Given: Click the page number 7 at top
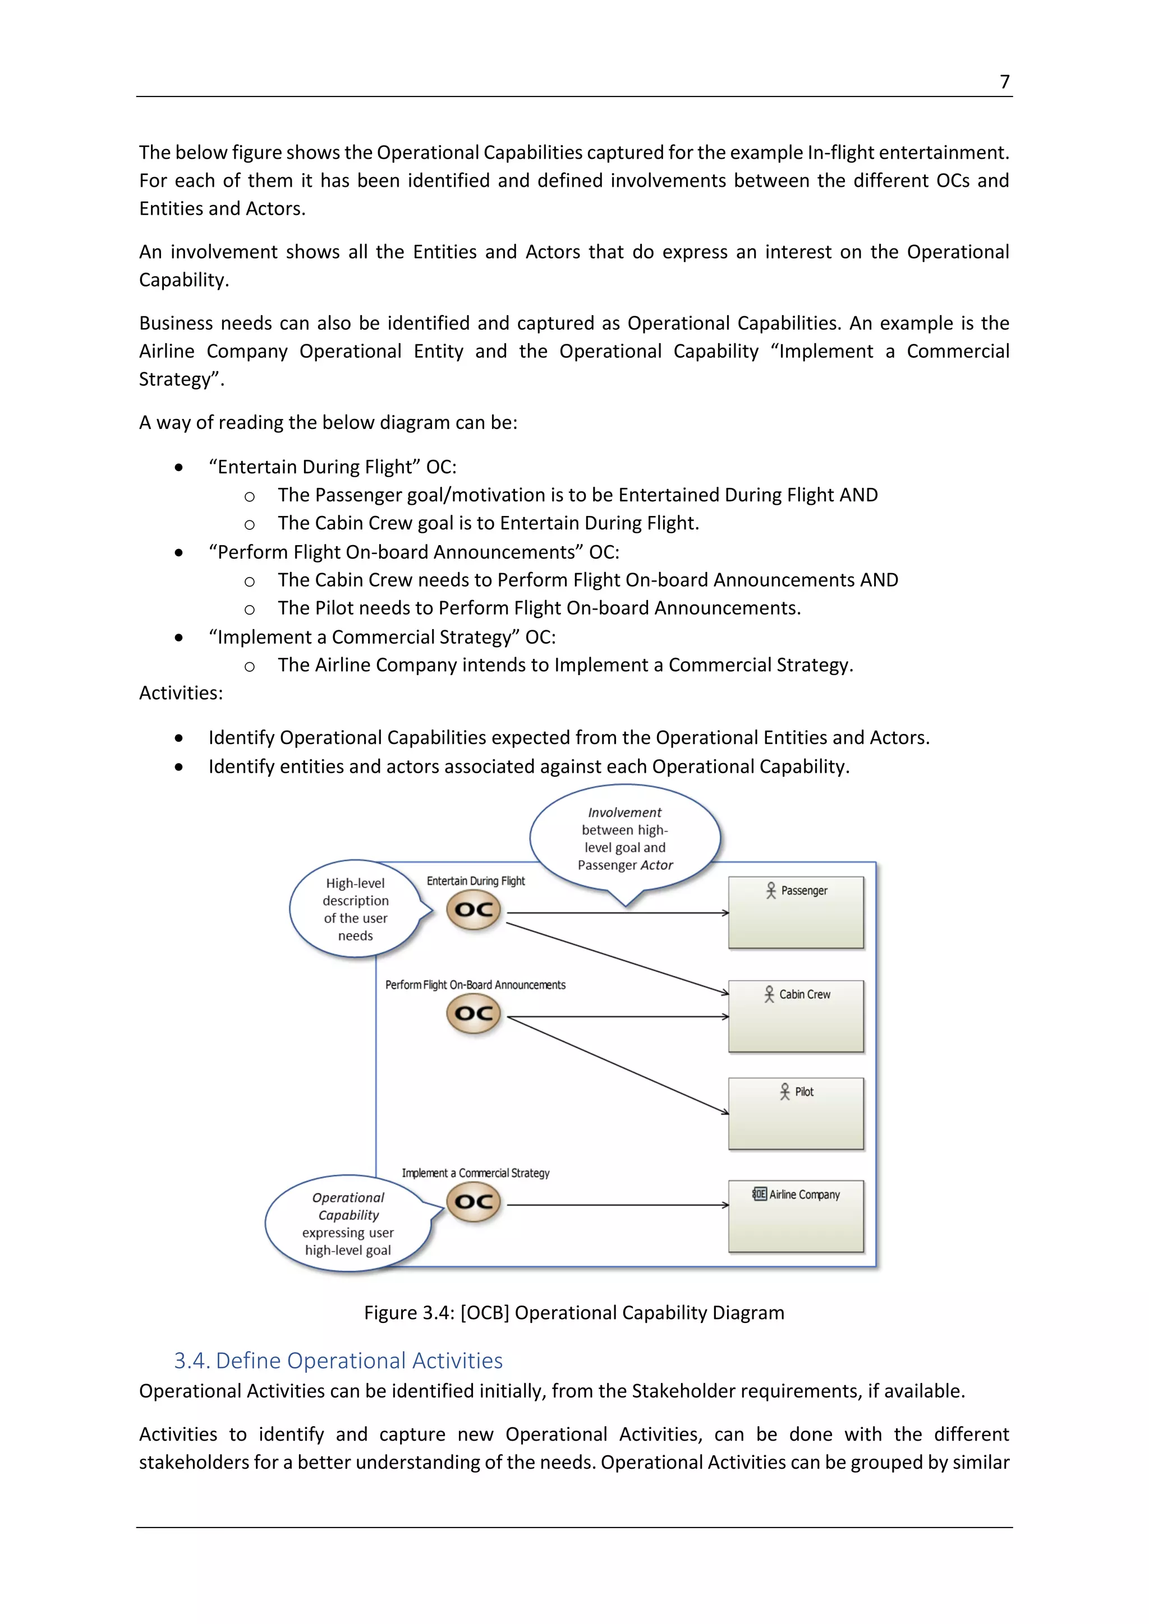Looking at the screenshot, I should (x=1004, y=82).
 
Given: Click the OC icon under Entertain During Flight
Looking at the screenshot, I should (x=474, y=910).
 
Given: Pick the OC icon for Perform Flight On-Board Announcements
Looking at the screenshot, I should (x=474, y=1013).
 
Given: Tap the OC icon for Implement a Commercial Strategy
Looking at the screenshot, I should (x=474, y=1202).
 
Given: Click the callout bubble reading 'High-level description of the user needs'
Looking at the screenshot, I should (x=355, y=909).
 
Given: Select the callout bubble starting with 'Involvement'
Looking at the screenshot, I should (x=625, y=838).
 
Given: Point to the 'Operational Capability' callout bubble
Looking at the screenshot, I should (x=347, y=1224).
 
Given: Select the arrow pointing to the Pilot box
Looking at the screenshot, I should (x=617, y=1065).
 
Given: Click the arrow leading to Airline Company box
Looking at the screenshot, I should (x=617, y=1205).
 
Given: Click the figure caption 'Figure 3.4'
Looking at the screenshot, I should (x=574, y=1313).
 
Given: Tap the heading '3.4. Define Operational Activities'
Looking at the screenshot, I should (x=338, y=1360).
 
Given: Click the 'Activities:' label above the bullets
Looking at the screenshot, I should (x=181, y=693).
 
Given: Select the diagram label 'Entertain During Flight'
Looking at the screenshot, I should (x=475, y=880).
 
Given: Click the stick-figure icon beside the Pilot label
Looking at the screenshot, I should (x=784, y=1091).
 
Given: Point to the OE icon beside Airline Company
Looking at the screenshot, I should (x=759, y=1194).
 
